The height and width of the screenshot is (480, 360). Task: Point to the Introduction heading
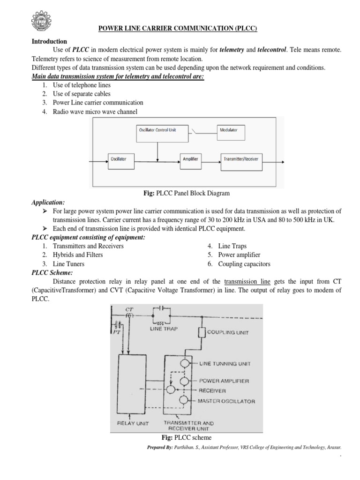(x=49, y=42)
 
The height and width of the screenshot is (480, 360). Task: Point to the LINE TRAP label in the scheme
(x=162, y=328)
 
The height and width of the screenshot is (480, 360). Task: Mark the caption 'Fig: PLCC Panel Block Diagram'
(x=180, y=193)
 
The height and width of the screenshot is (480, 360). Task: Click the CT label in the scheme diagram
(x=129, y=310)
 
